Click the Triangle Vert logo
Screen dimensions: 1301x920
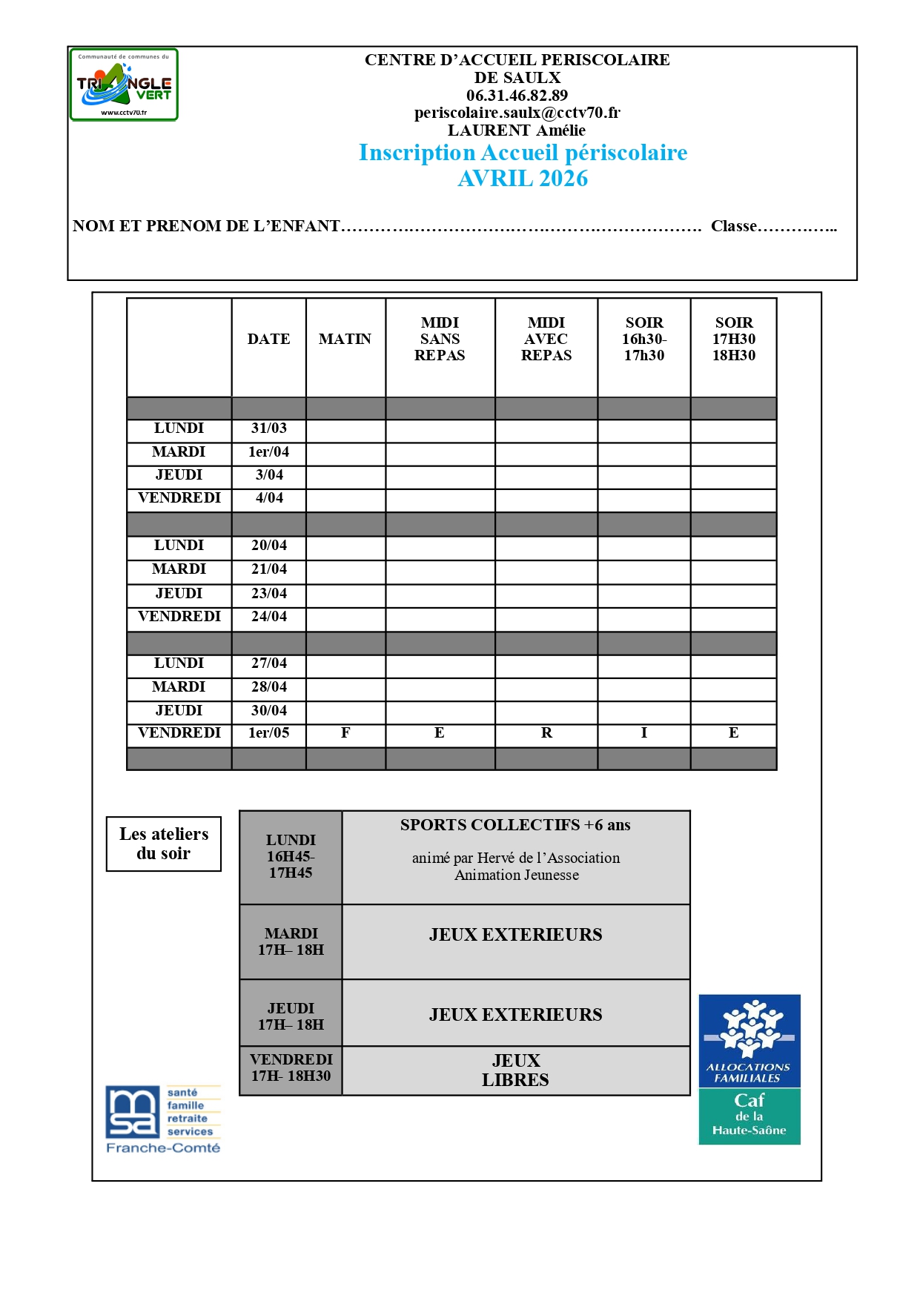click(124, 85)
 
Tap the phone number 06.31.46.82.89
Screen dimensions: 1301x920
click(517, 96)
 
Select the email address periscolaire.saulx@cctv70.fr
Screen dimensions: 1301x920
click(517, 113)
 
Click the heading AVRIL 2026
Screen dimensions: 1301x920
click(523, 179)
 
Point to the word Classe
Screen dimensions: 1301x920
click(733, 226)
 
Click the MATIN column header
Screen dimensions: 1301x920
click(345, 340)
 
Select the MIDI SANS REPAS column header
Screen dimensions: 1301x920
click(440, 340)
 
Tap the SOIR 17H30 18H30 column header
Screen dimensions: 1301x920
click(733, 340)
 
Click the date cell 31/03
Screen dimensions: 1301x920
click(268, 428)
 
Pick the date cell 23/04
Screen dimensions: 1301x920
click(268, 594)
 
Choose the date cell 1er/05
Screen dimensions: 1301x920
click(268, 733)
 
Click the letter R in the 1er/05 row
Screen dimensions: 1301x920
click(546, 733)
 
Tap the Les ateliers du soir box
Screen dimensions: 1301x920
click(164, 844)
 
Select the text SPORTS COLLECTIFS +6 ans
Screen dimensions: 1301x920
click(515, 825)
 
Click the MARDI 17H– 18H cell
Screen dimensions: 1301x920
click(291, 941)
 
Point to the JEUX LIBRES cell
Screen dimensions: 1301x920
click(515, 1070)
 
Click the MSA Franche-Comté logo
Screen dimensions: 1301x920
click(163, 1119)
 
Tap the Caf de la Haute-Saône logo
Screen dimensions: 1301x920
click(749, 1069)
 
